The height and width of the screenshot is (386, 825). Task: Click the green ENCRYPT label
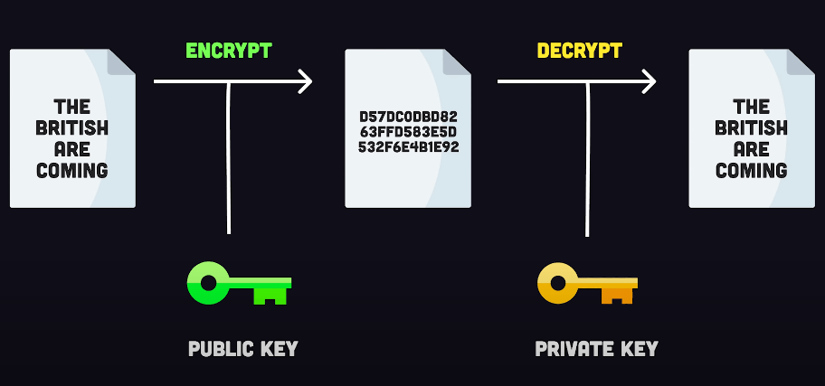pos(228,51)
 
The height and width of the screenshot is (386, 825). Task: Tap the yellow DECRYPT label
pos(579,51)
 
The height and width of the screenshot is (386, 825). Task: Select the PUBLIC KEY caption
pos(242,349)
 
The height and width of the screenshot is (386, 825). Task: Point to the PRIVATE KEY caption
pos(596,349)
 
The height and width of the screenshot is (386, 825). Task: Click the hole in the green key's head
pos(208,284)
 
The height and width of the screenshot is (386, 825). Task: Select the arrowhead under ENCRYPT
pos(304,82)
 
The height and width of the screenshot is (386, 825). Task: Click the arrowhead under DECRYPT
pos(648,82)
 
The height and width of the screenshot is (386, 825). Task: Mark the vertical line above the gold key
pos(588,158)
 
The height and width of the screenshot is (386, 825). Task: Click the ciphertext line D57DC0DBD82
pos(408,117)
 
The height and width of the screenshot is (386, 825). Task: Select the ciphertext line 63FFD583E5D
pos(408,131)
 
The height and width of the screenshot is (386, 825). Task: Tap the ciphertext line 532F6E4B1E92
pos(408,146)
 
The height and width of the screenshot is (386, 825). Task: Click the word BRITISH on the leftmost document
pos(72,127)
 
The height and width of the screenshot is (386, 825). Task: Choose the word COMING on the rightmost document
pos(752,170)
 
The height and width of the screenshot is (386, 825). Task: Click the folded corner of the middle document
pos(457,61)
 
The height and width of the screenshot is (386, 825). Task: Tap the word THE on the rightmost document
pos(752,107)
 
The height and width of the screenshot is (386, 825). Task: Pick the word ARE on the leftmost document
pos(72,148)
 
